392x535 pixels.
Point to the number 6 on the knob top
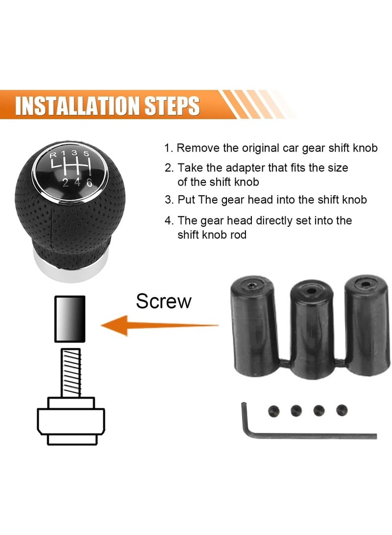[89, 182]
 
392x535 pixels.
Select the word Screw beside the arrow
[164, 301]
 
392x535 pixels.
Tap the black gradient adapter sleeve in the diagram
[69, 319]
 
